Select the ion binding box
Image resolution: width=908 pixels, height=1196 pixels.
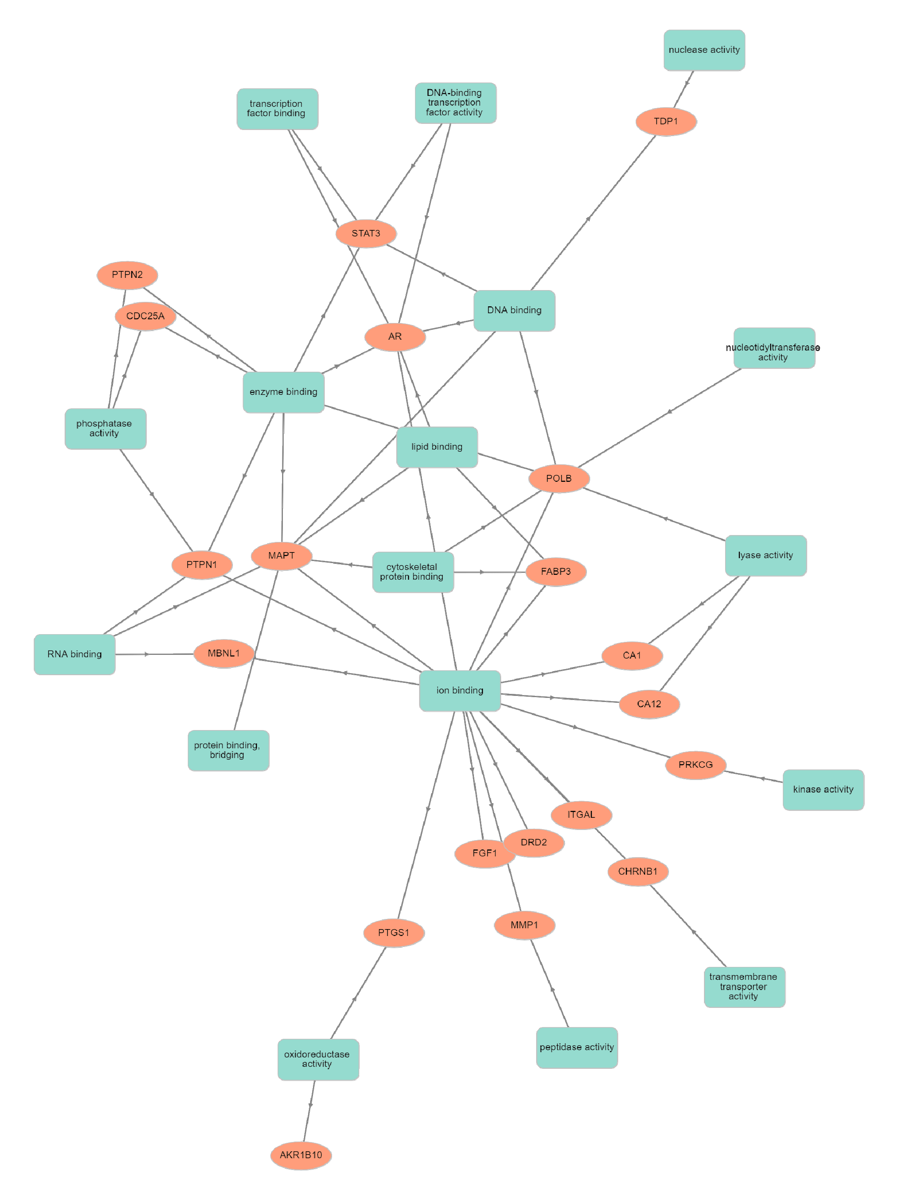[460, 691]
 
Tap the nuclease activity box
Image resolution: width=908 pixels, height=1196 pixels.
[704, 50]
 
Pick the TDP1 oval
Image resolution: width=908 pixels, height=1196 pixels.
[665, 121]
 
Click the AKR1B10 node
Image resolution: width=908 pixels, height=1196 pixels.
[301, 1155]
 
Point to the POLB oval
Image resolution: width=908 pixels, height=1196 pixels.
[558, 479]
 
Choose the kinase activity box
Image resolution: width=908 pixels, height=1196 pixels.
[823, 789]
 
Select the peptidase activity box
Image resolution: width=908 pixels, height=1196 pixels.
[576, 1047]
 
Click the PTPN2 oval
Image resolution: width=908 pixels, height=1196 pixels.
[127, 275]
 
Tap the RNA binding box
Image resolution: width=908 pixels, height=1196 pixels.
[75, 654]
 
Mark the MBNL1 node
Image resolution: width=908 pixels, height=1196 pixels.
[224, 653]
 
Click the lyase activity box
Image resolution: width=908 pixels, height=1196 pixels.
[765, 555]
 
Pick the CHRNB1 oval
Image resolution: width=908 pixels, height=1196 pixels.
[638, 871]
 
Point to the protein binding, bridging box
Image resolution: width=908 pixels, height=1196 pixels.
[228, 750]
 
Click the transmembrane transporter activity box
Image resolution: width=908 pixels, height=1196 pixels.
[744, 987]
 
